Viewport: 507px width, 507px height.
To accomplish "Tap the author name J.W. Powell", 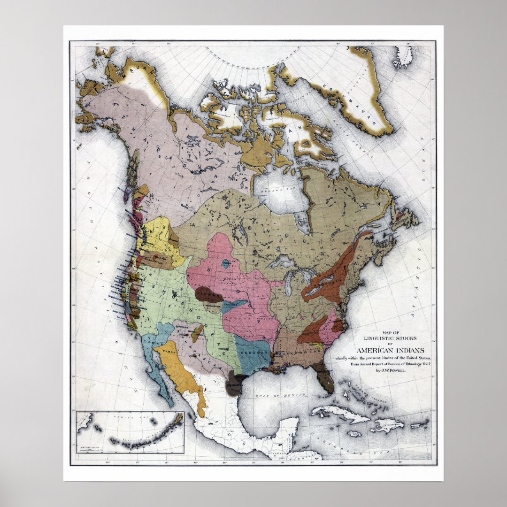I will pos(391,370).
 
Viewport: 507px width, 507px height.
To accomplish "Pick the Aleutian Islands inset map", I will pos(130,432).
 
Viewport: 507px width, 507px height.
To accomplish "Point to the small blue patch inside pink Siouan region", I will pos(226,264).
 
